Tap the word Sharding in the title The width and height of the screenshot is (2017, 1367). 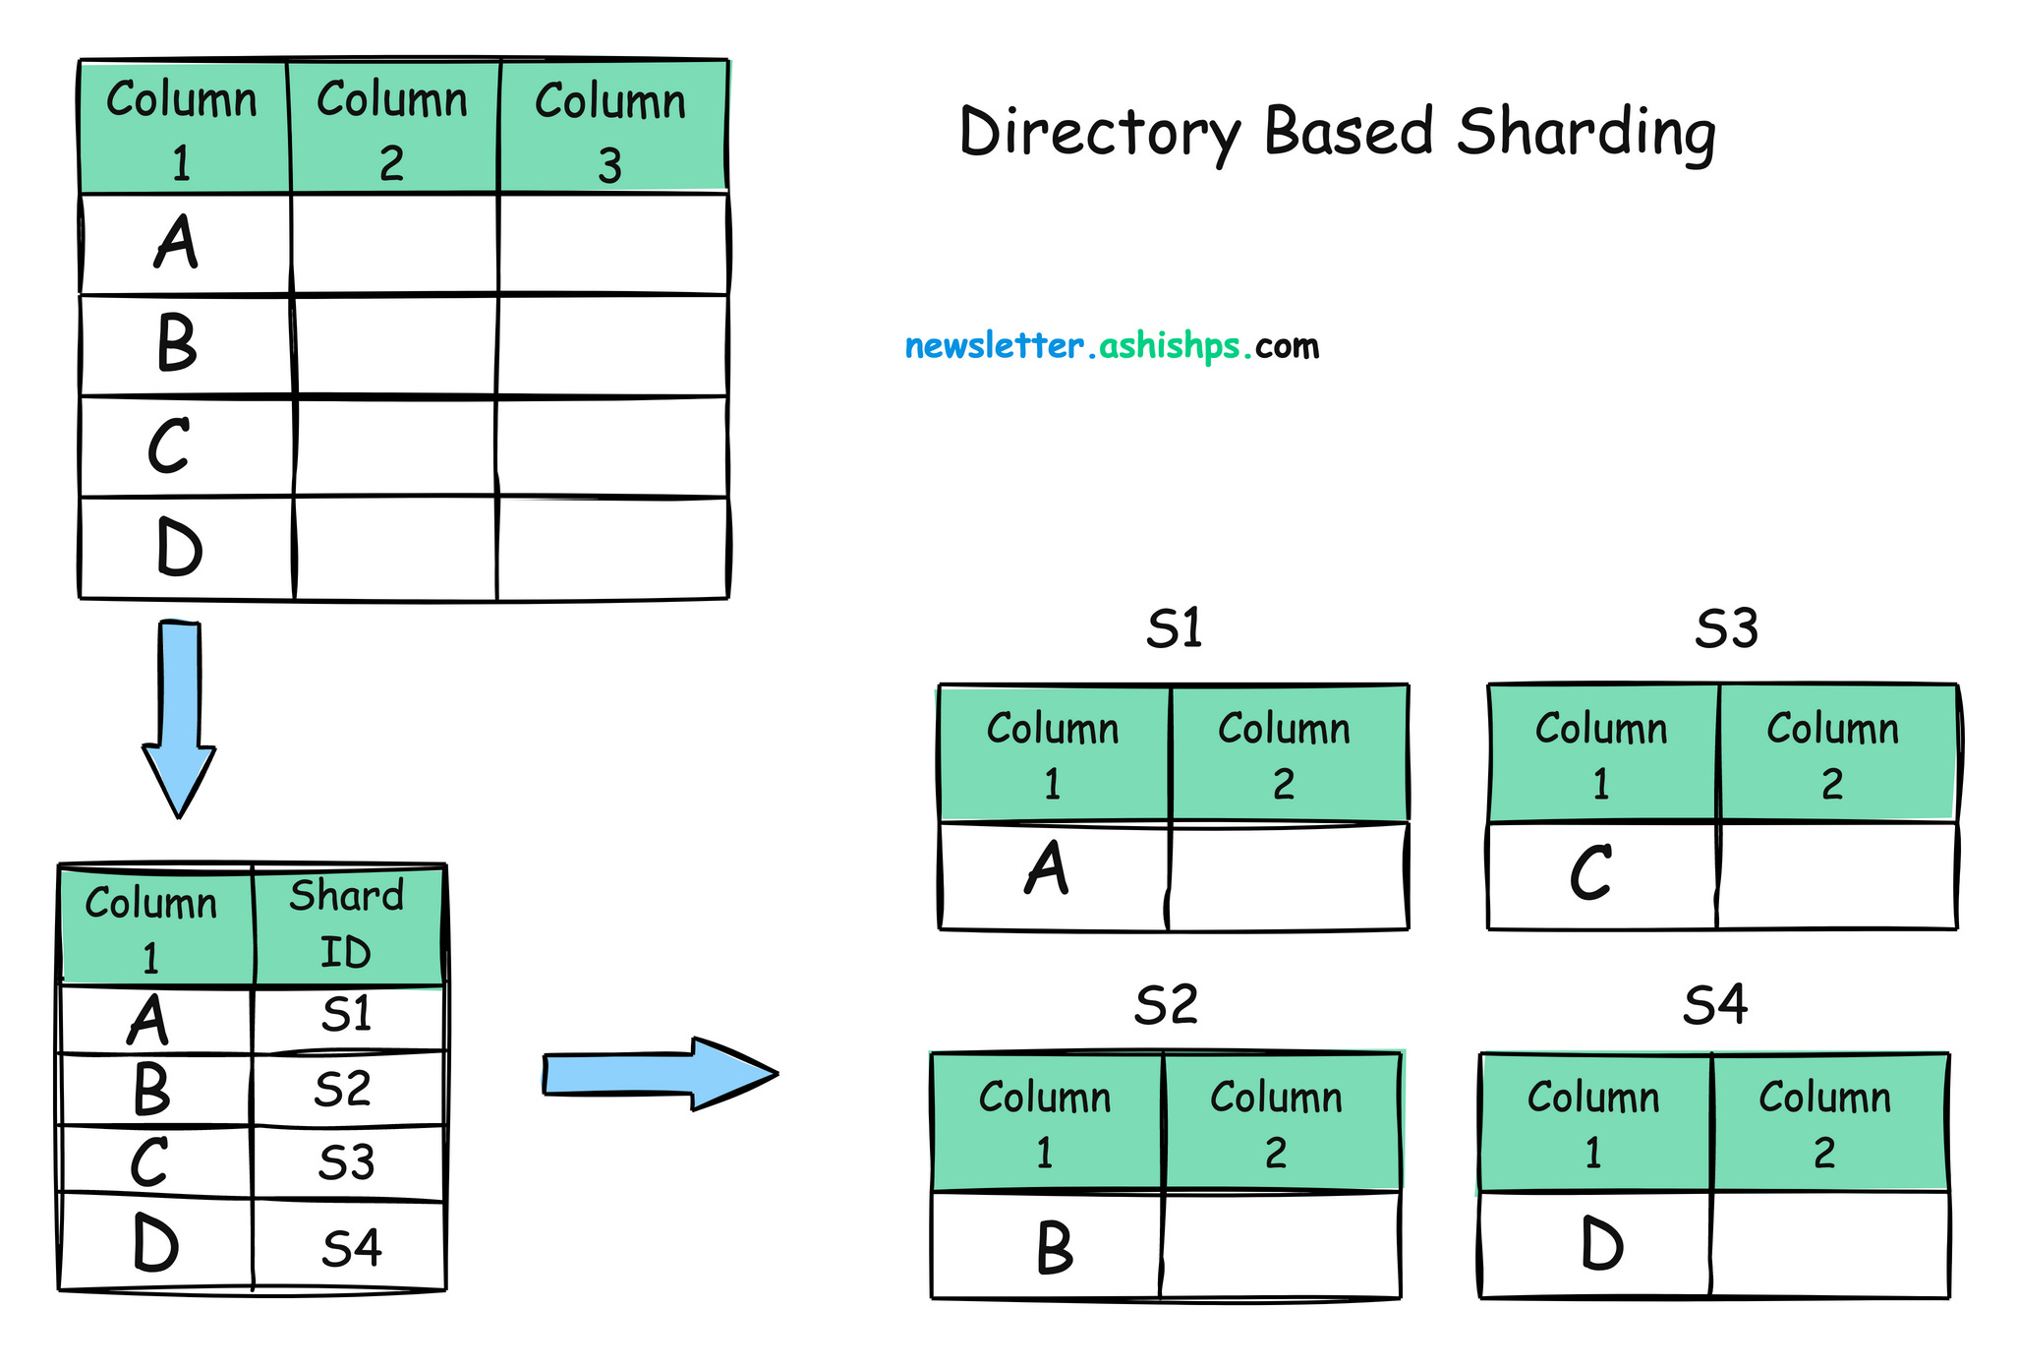click(1585, 134)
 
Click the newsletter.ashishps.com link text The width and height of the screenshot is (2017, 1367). click(1111, 346)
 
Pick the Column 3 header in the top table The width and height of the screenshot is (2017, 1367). click(610, 130)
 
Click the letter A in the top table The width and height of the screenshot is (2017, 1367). click(177, 243)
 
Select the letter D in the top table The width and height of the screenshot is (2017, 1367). click(179, 548)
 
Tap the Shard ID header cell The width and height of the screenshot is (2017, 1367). click(346, 924)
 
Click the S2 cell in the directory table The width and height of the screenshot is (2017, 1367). click(343, 1090)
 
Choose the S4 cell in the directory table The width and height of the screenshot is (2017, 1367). click(351, 1248)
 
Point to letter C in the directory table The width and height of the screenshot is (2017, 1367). click(149, 1162)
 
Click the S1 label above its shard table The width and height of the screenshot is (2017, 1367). click(1174, 628)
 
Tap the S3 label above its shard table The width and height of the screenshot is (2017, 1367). click(1726, 628)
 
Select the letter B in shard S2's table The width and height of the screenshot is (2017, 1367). click(1054, 1247)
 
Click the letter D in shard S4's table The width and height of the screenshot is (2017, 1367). click(1602, 1244)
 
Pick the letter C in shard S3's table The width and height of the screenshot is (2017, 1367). click(1590, 873)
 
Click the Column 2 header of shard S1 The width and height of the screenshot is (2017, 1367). click(1284, 754)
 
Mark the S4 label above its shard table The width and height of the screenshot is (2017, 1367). click(1715, 1005)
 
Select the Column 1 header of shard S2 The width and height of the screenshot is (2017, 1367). click(1045, 1122)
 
